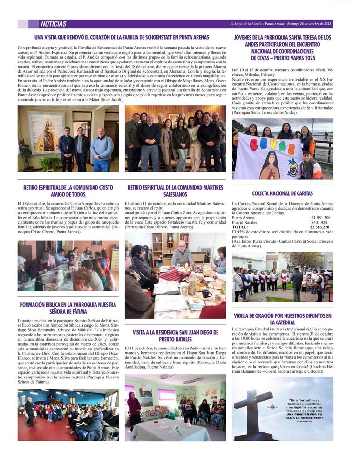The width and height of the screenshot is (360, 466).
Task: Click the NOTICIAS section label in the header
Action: pos(54,24)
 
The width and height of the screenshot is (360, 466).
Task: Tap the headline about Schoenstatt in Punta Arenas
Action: pos(121,37)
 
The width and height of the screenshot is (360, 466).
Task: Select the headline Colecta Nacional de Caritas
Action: pos(282,193)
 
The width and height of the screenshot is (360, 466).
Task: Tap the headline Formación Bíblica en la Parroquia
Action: pos(68,308)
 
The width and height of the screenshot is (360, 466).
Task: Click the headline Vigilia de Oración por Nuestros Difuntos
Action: pos(282,319)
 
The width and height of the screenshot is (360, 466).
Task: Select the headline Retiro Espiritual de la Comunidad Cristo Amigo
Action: pos(68,191)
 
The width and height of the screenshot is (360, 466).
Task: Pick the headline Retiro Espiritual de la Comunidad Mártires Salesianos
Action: pos(175,191)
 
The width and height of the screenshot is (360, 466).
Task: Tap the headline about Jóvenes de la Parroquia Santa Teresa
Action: pos(282,48)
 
